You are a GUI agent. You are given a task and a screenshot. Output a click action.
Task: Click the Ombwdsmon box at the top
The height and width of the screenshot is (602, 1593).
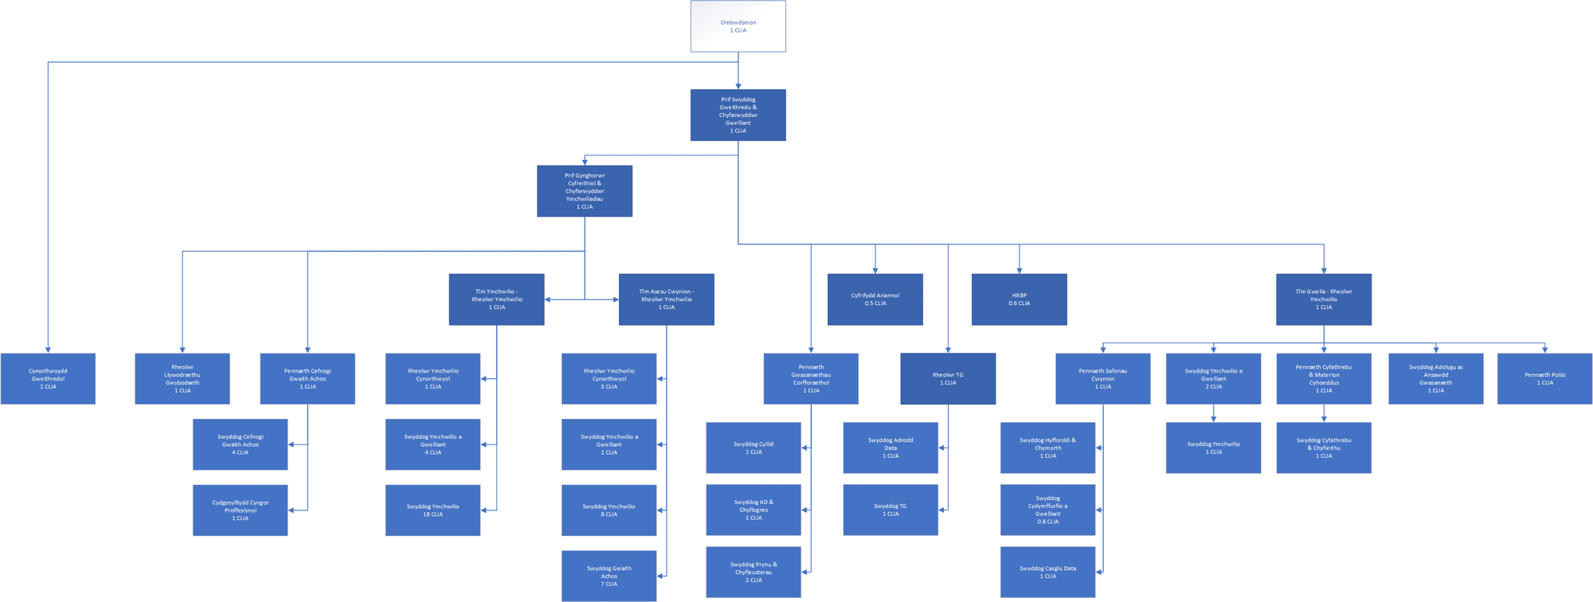point(738,26)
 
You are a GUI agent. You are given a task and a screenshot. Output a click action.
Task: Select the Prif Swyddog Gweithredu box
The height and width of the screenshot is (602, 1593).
point(738,115)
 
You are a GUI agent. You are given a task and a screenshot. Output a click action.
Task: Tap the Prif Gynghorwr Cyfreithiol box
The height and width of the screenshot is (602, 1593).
point(585,191)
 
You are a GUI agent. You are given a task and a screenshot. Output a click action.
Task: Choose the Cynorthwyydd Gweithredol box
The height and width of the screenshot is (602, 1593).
point(48,378)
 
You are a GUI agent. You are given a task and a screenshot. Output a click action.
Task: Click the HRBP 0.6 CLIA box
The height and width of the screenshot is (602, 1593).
point(1019,299)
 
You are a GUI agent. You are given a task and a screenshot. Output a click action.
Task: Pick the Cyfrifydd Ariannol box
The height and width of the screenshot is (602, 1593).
point(875,299)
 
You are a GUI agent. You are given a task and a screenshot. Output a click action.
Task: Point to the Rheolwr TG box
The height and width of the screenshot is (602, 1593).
point(948,378)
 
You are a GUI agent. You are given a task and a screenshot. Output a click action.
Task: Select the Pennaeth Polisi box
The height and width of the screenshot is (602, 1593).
point(1544,378)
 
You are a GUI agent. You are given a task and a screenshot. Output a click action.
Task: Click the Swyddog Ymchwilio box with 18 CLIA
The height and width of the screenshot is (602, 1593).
point(432,510)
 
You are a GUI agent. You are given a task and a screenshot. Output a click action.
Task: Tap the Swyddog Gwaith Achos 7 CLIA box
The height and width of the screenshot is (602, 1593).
point(609,576)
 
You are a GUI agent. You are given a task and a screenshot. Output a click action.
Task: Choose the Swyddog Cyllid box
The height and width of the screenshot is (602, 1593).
point(753,448)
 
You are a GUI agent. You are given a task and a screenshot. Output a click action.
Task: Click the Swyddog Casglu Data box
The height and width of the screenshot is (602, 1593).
point(1047,572)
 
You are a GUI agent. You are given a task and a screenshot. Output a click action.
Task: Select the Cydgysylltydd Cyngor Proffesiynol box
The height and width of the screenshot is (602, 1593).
point(240,510)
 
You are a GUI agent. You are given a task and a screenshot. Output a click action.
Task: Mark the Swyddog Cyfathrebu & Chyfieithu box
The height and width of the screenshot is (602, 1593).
point(1323,448)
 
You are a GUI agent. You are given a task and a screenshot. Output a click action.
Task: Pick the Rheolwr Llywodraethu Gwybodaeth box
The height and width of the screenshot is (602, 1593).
point(182,378)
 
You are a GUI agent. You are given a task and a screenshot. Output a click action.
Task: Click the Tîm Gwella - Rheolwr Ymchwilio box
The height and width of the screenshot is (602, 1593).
point(1323,299)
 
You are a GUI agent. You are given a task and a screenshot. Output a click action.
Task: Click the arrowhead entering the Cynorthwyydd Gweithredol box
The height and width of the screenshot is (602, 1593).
point(48,350)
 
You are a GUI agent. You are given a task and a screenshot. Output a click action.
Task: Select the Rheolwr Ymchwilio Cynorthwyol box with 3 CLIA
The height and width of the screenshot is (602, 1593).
point(609,378)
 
